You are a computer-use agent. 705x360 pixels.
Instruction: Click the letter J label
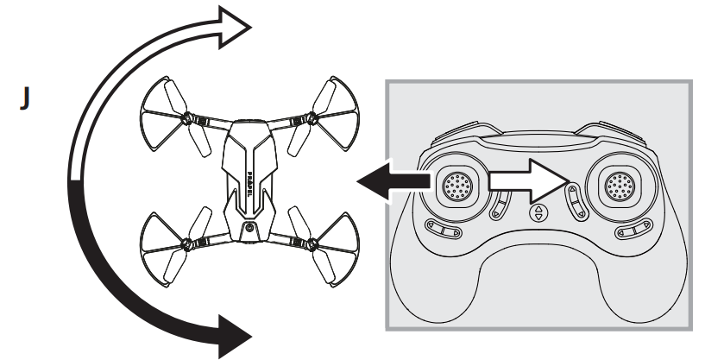pyautogui.click(x=25, y=98)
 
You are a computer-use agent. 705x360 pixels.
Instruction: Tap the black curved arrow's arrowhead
pyautogui.click(x=234, y=336)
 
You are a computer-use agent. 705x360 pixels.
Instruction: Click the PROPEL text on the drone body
pyautogui.click(x=249, y=185)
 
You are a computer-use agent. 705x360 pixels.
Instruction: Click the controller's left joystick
pyautogui.click(x=456, y=186)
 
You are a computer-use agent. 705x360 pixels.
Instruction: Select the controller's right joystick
pyautogui.click(x=620, y=186)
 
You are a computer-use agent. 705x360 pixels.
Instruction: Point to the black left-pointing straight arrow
pyautogui.click(x=393, y=181)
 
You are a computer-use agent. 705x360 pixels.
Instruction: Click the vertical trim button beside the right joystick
pyautogui.click(x=576, y=202)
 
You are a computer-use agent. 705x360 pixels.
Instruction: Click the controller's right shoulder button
pyautogui.click(x=613, y=133)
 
